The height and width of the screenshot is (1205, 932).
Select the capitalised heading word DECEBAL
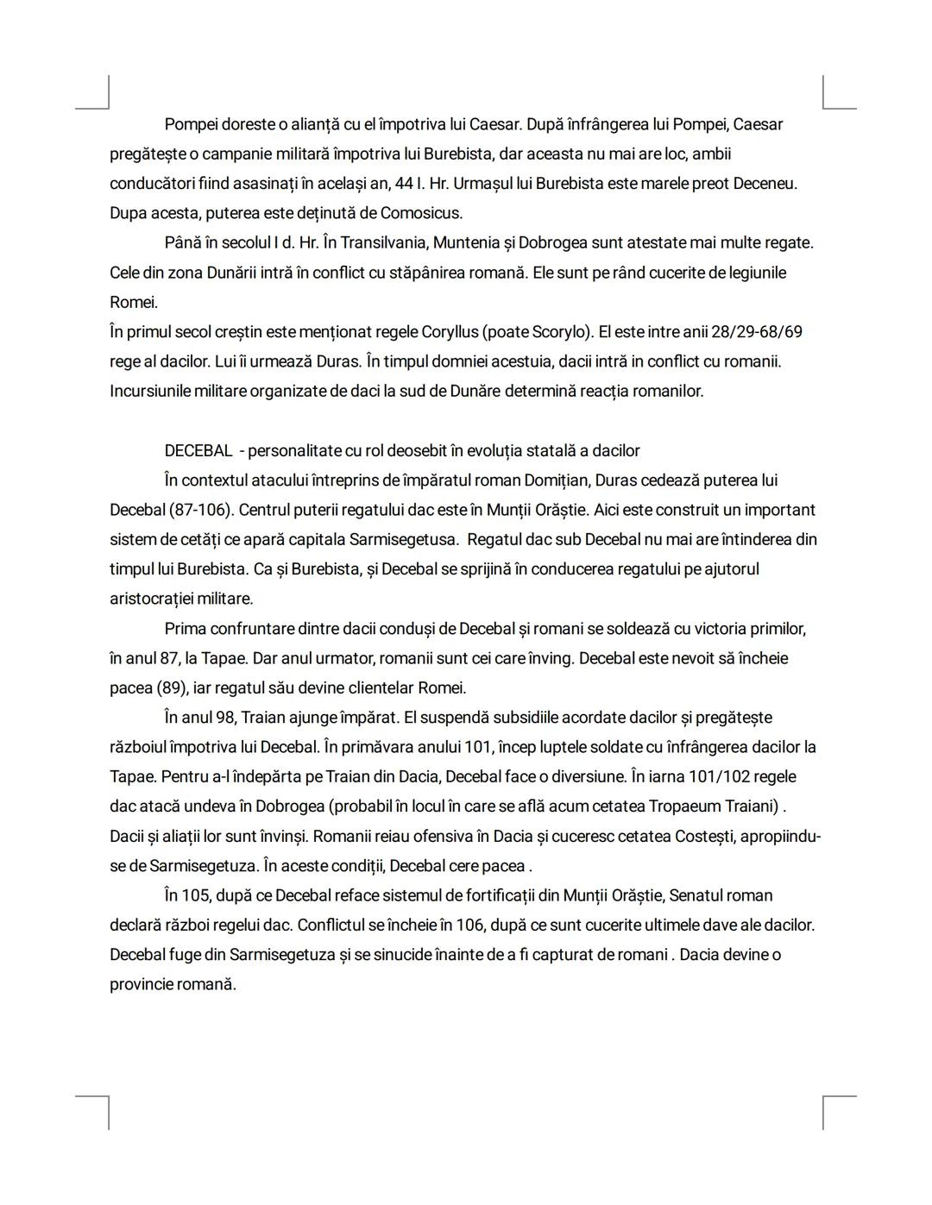[198, 451]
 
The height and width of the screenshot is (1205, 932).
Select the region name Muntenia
[487, 243]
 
